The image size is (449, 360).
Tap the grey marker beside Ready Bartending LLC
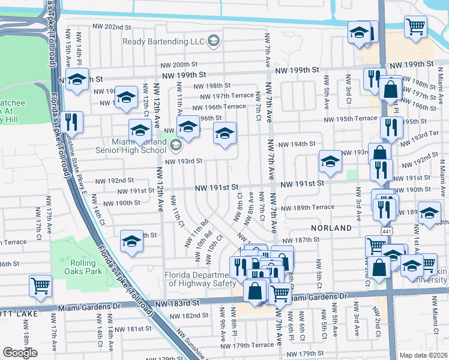tap(214, 41)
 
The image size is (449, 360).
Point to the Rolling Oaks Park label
tap(78, 267)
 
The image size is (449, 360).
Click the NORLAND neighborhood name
tap(331, 229)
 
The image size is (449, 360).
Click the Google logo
tap(20, 353)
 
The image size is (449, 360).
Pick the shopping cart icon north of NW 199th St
tap(415, 26)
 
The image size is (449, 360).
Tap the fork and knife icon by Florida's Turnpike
tap(71, 122)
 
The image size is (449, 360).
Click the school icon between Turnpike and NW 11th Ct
tap(131, 241)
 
